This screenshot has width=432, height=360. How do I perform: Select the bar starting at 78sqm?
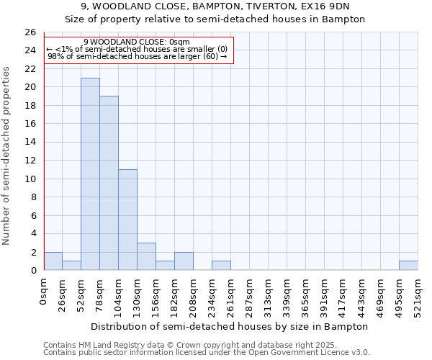coord(109,183)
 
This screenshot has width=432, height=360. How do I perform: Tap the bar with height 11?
coord(127,220)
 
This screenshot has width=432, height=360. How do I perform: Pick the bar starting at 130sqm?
coord(146,256)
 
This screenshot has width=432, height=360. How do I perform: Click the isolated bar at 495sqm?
coord(408,266)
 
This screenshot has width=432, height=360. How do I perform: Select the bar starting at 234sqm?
coord(221,266)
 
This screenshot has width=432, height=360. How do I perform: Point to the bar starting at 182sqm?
coord(184,261)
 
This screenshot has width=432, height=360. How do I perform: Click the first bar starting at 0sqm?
coord(53,261)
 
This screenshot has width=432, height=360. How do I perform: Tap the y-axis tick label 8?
coord(32,197)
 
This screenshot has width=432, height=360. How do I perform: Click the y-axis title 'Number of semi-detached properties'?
coord(7,155)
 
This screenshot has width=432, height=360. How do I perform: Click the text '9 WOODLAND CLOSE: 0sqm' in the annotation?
coord(137,42)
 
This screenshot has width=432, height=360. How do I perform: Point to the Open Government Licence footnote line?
coord(206,353)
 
